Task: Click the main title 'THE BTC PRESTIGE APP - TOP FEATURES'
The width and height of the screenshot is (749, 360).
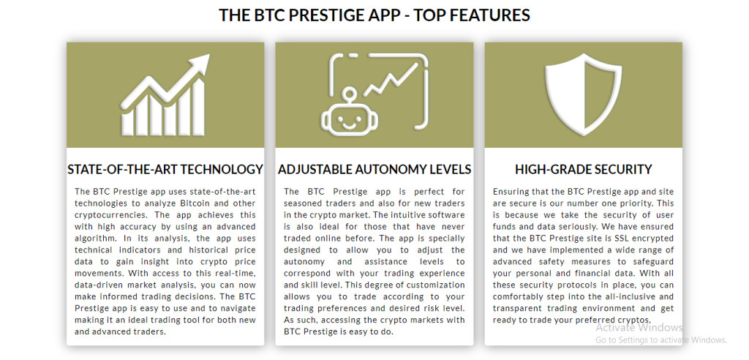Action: pyautogui.click(x=374, y=15)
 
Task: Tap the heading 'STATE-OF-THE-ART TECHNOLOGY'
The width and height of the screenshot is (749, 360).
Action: pyautogui.click(x=165, y=169)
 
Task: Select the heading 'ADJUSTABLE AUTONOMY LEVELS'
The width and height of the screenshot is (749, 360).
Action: pyautogui.click(x=374, y=169)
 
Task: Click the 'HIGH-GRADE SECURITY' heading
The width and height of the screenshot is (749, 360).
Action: pyautogui.click(x=583, y=169)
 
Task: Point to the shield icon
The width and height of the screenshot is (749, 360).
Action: pyautogui.click(x=583, y=94)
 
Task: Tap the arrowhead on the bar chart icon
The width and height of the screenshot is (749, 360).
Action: pyautogui.click(x=200, y=63)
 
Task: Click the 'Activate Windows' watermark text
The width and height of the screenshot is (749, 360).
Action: pyautogui.click(x=639, y=328)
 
